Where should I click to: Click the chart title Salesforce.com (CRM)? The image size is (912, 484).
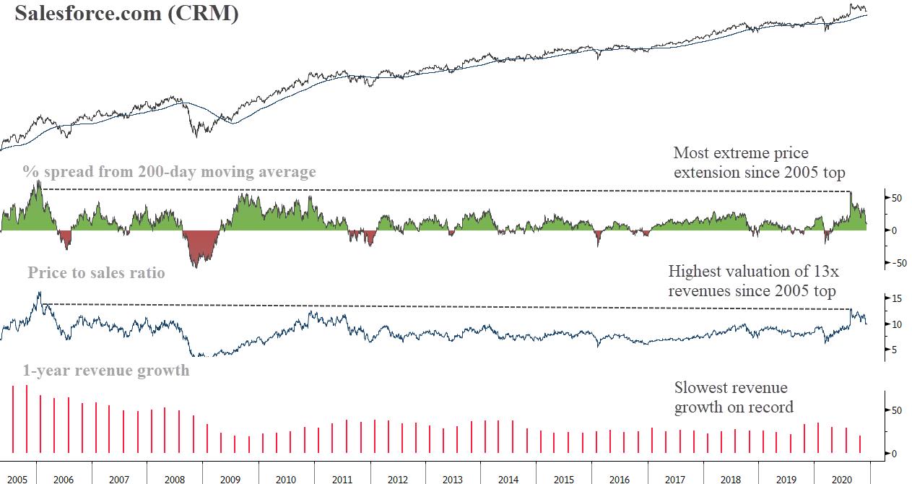point(126,14)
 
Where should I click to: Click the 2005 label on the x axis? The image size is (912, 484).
point(18,477)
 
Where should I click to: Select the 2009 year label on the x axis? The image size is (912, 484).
point(230,477)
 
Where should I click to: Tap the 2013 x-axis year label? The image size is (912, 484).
point(452,477)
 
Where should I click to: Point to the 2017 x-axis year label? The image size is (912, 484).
point(675,477)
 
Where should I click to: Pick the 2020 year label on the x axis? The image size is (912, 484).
point(841,477)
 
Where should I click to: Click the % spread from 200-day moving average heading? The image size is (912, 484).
point(169,172)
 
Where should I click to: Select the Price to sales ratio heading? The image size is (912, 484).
point(96,272)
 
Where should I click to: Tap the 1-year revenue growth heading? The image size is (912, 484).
point(105,371)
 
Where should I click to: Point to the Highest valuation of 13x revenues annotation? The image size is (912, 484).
point(752,281)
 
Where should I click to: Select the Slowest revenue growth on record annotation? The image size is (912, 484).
point(734,397)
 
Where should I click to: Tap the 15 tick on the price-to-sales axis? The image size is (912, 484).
point(895,298)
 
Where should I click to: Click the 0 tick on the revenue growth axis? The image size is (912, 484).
point(893,454)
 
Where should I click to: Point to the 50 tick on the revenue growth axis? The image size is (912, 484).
point(895,410)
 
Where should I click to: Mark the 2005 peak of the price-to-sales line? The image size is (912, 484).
point(40,294)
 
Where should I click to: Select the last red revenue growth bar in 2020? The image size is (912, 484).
point(860,444)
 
